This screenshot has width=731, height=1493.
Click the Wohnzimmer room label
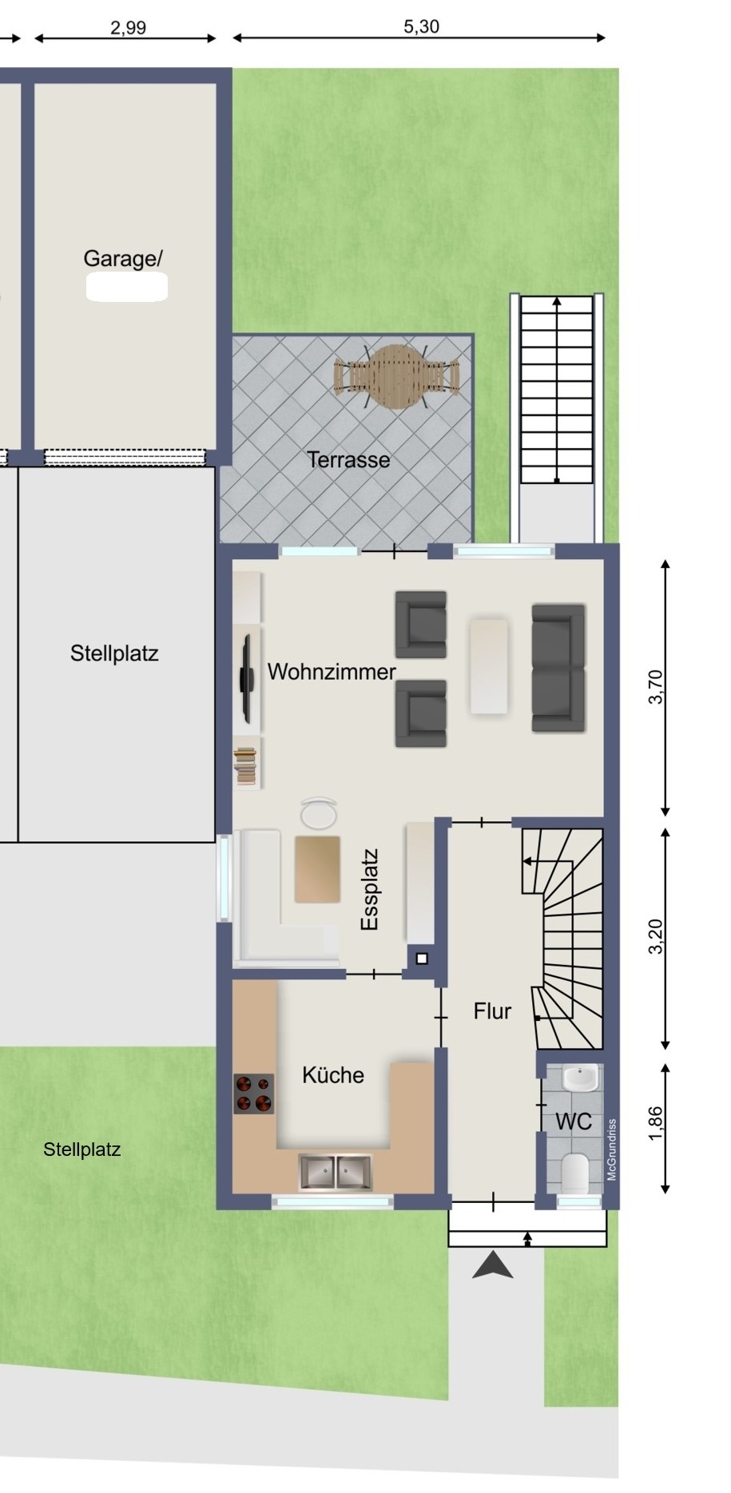(332, 672)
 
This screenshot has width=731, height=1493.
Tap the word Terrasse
(348, 460)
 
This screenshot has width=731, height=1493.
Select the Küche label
(333, 1075)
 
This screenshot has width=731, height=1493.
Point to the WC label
(574, 1122)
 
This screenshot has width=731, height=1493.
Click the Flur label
(492, 1011)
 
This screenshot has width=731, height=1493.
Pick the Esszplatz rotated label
(369, 889)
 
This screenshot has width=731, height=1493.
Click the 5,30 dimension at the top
(421, 26)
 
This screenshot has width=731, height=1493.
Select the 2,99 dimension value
(128, 28)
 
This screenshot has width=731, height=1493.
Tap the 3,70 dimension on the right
(656, 687)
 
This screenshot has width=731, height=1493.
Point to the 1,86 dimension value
(656, 1123)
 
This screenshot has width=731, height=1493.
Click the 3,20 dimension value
(656, 936)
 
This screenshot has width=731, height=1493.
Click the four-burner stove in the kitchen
(253, 1094)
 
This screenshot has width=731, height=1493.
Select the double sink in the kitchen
(336, 1172)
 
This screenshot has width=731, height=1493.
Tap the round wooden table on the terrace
(397, 376)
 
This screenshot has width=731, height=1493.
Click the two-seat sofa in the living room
(558, 669)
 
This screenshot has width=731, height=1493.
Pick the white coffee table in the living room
(489, 665)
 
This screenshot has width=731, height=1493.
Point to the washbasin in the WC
(580, 1078)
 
